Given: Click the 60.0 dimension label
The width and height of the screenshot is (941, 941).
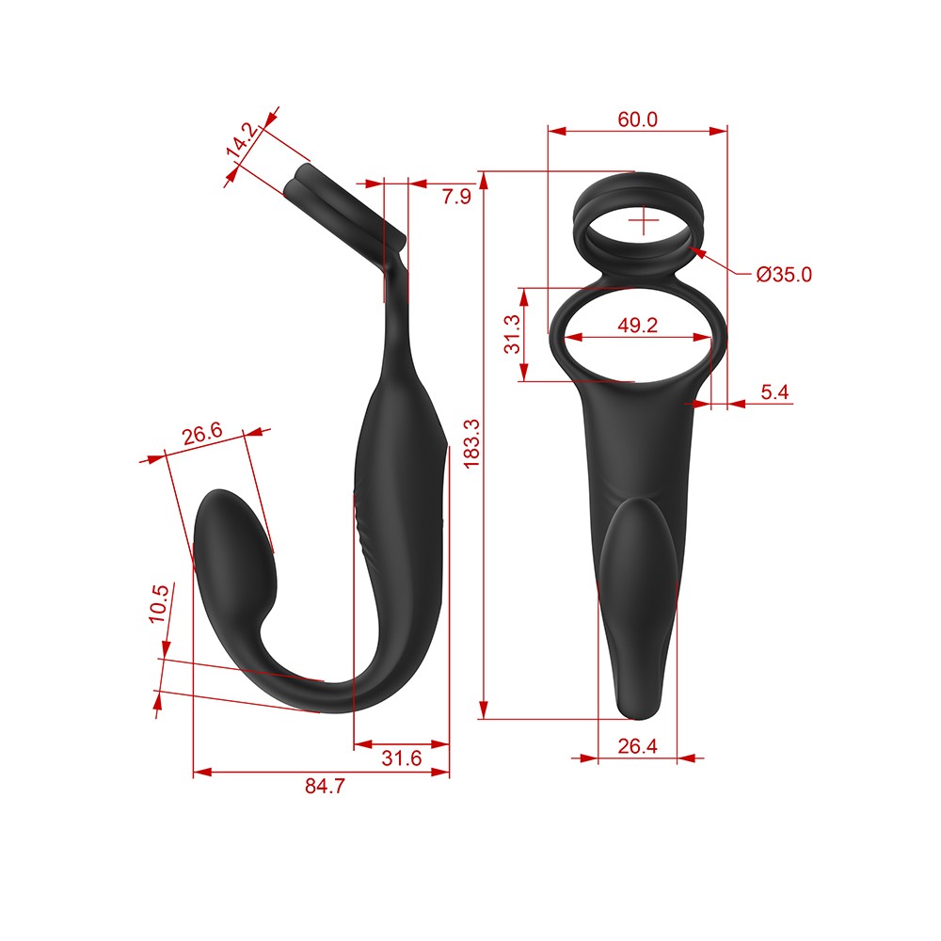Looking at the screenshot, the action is [x=637, y=120].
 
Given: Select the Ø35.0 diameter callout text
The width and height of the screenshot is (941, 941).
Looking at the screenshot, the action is [x=784, y=274].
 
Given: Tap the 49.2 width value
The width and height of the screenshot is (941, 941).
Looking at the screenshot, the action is [x=637, y=326].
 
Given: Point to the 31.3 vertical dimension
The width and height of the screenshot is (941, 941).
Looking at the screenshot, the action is [x=512, y=334].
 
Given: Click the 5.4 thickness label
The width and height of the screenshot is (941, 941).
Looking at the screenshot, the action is [x=774, y=391].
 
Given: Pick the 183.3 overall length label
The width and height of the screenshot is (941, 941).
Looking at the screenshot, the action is [x=471, y=443].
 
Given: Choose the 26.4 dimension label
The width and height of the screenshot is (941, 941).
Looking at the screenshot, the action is [x=637, y=746].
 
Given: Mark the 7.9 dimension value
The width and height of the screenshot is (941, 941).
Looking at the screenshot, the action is [x=456, y=197].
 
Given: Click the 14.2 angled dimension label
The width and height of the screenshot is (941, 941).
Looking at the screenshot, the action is [x=242, y=140].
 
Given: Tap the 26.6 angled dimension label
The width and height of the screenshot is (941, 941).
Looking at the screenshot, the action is [x=202, y=433].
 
